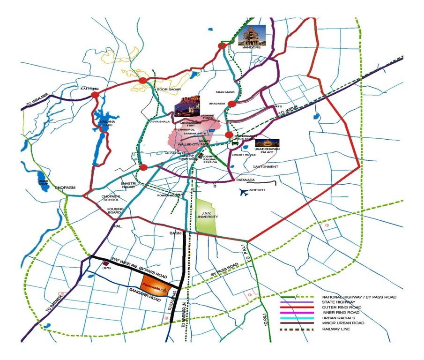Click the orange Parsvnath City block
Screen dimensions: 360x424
pyautogui.click(x=154, y=285)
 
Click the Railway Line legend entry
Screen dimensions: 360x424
pyautogui.click(x=336, y=329)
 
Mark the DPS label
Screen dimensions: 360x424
pyautogui.click(x=108, y=269)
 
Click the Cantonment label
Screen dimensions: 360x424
pyautogui.click(x=266, y=166)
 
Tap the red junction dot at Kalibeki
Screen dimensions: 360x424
pyautogui.click(x=95, y=95)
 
